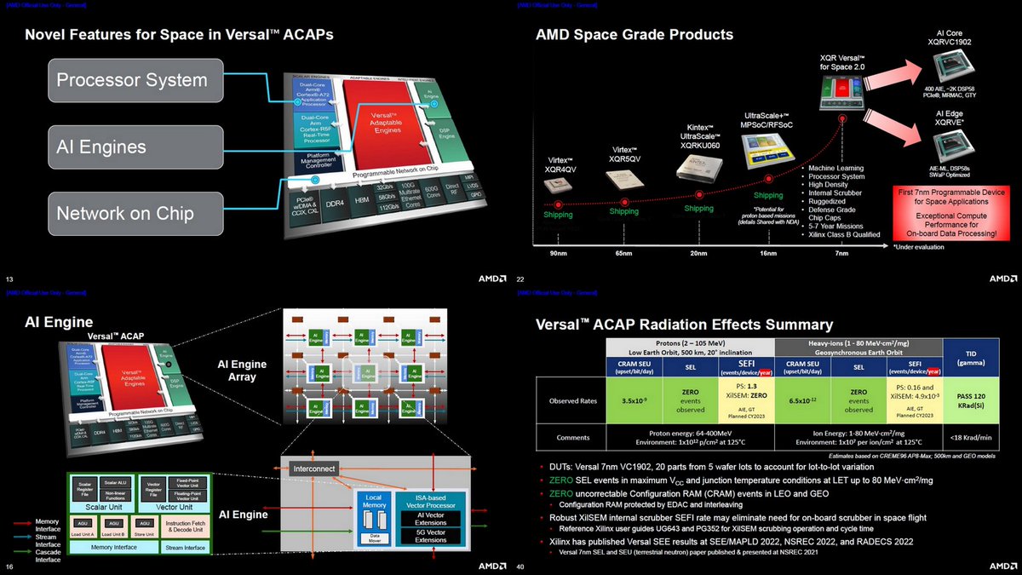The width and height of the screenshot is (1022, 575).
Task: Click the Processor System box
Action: [x=131, y=81]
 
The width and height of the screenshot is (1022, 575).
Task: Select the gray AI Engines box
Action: [x=131, y=147]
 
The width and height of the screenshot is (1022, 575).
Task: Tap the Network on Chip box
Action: [x=131, y=212]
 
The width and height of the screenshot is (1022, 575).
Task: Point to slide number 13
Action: [x=10, y=279]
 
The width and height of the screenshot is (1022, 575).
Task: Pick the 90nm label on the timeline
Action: [x=560, y=254]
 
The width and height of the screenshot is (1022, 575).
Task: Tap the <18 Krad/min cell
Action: [x=971, y=438]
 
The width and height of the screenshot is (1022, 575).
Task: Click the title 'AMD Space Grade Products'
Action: [x=634, y=35]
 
